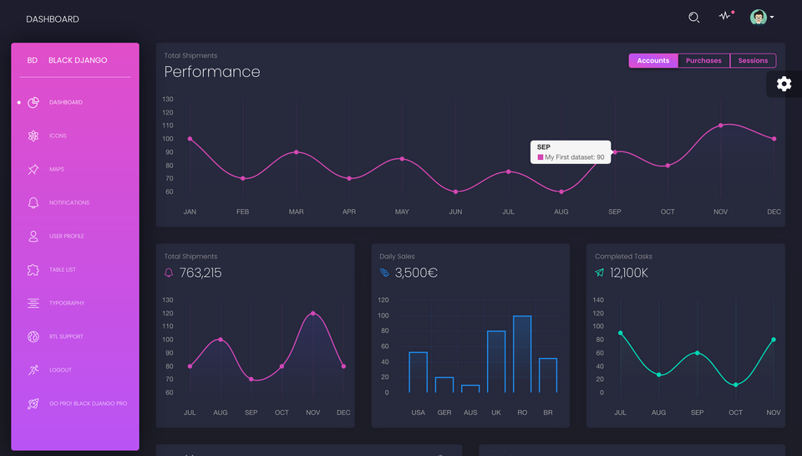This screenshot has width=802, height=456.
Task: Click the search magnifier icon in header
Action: pos(693,18)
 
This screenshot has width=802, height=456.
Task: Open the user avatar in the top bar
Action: pos(758,18)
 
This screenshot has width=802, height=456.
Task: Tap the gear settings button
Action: pos(784,84)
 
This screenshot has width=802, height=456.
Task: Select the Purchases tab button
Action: pos(703,60)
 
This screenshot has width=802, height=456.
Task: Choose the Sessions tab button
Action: pos(753,60)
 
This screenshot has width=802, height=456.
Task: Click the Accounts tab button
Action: pos(652,60)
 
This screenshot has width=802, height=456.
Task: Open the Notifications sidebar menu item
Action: pos(69,202)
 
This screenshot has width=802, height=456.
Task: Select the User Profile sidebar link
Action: pos(66,236)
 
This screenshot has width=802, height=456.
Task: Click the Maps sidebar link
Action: pos(57,169)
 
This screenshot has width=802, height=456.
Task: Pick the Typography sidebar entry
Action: pos(67,303)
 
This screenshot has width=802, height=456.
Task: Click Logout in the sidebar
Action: pos(60,370)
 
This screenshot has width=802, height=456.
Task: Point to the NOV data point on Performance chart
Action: pos(721,126)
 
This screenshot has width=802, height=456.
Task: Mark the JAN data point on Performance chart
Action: pos(190,139)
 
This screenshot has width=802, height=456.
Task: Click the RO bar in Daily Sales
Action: pos(522,354)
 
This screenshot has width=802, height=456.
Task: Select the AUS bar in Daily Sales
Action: pos(470,388)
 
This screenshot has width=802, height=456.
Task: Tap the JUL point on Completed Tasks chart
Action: pos(620,333)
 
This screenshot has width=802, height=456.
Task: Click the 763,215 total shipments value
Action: pos(200,273)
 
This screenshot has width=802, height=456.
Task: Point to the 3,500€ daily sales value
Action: pos(416,273)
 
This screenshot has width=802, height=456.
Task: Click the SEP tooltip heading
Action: pos(544,147)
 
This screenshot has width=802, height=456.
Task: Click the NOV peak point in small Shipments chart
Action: pos(313,313)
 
